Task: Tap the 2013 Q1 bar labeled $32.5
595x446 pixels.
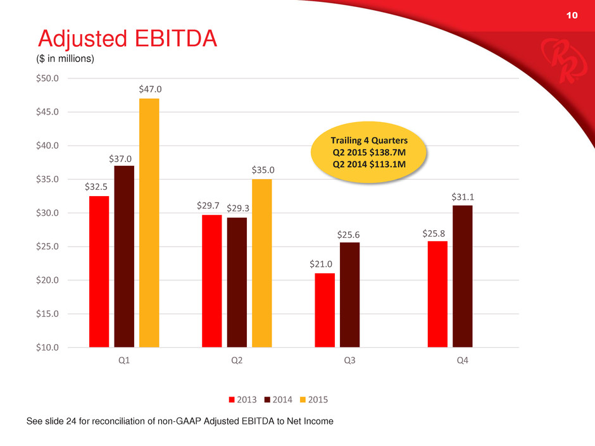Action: (x=99, y=271)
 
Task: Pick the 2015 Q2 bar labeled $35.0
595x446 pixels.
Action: (x=261, y=263)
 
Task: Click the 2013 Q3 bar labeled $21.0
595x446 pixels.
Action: (x=324, y=310)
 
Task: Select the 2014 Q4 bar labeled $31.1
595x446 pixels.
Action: (x=462, y=276)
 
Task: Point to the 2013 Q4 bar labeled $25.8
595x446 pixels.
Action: (x=437, y=294)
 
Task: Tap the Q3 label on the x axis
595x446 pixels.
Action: (x=349, y=361)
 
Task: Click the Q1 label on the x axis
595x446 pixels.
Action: (x=124, y=361)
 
